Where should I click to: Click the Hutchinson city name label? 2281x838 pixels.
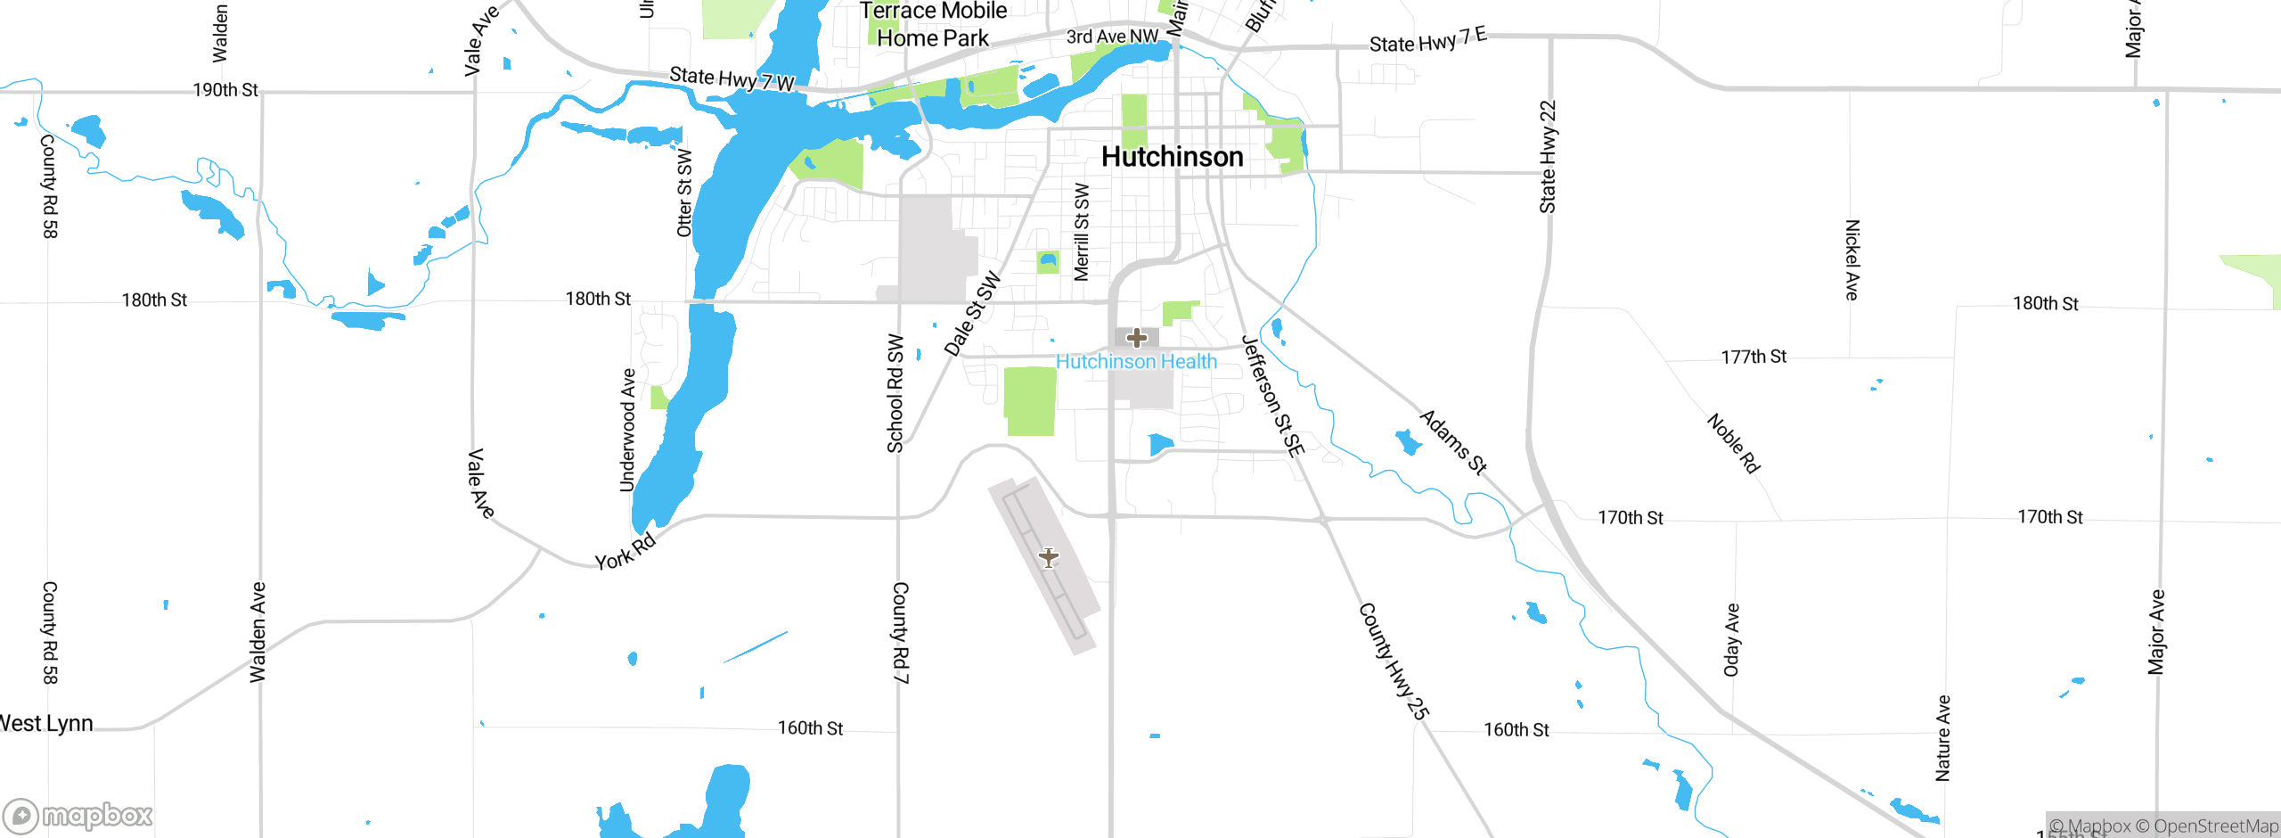[x=1172, y=157]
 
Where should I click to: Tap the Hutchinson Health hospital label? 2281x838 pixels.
[x=1136, y=362]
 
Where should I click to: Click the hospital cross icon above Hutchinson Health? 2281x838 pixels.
[x=1136, y=338]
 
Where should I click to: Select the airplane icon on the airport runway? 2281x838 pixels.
[x=1049, y=558]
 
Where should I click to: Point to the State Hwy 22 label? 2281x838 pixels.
[x=1548, y=157]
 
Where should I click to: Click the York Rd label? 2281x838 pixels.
[x=625, y=551]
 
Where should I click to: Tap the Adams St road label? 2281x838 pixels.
[x=1453, y=442]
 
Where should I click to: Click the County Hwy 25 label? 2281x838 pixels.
[x=1394, y=661]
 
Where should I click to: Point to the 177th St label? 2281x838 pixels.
[x=1754, y=357]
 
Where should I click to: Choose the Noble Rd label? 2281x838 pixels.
[x=1733, y=443]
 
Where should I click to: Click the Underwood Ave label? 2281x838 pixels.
[x=628, y=431]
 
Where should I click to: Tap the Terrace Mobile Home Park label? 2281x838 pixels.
[x=933, y=24]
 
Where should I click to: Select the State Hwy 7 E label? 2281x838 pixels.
[x=1427, y=40]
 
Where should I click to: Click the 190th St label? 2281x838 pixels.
[x=225, y=90]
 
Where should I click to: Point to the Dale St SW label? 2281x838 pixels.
[x=972, y=315]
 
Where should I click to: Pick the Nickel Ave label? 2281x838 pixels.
[x=1852, y=259]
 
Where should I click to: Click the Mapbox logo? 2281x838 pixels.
[x=78, y=815]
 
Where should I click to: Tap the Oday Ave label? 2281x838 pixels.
[x=1731, y=640]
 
